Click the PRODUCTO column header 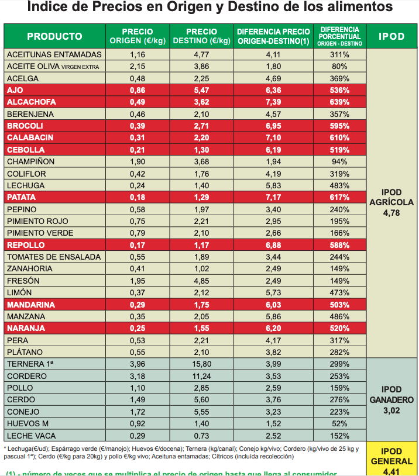coord(54,36)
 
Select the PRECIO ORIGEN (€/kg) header coord(138,36)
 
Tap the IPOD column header coord(391,36)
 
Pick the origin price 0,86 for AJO coord(138,90)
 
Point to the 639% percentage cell coord(339,102)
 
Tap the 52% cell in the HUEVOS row coord(339,423)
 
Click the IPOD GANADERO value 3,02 coord(391,411)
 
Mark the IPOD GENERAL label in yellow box coord(391,456)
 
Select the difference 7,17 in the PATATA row coord(273,197)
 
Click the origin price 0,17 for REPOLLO coord(138,245)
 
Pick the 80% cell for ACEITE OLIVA coord(339,66)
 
